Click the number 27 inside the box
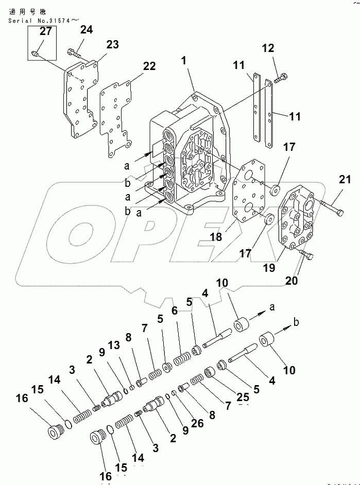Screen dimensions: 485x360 click(x=45, y=31)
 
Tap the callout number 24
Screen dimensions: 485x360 click(x=86, y=29)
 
